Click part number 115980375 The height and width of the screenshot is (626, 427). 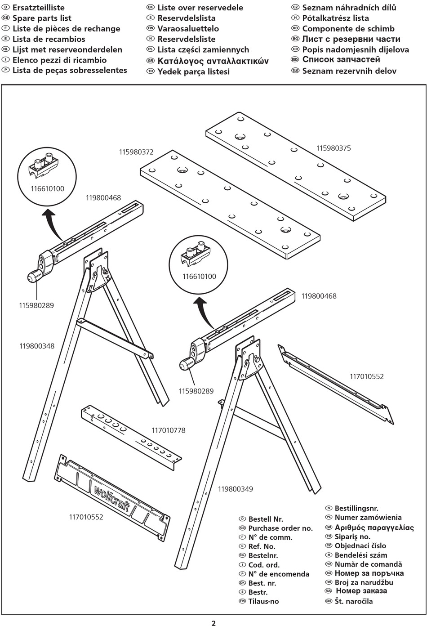[x=334, y=148]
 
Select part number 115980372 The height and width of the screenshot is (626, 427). [x=136, y=152]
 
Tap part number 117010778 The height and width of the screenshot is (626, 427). [x=168, y=430]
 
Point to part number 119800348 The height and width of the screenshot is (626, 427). [x=37, y=346]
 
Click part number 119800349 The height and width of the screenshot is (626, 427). [x=236, y=489]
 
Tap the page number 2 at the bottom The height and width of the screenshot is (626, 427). [x=213, y=623]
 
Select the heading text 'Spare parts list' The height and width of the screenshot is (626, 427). [x=42, y=18]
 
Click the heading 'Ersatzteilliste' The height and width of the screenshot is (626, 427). [x=39, y=8]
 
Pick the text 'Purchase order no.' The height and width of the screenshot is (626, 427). [x=280, y=528]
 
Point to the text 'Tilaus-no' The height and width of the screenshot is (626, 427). [x=263, y=601]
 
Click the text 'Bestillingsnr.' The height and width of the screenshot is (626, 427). [x=356, y=508]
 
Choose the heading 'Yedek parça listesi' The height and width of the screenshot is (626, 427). [x=193, y=72]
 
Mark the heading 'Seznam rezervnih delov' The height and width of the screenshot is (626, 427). [x=349, y=71]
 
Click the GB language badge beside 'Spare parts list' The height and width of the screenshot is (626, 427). [x=6, y=18]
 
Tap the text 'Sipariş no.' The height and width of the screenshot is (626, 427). [x=352, y=537]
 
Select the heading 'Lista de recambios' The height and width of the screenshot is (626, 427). [x=49, y=39]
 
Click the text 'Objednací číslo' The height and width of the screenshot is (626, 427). [x=360, y=546]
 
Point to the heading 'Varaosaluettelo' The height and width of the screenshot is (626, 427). [x=188, y=29]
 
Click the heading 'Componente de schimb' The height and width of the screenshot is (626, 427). [x=348, y=29]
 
